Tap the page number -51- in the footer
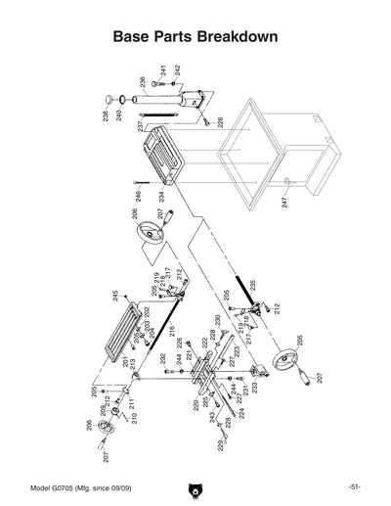coord(354,487)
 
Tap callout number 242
coord(178,71)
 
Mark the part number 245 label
coord(114,296)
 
